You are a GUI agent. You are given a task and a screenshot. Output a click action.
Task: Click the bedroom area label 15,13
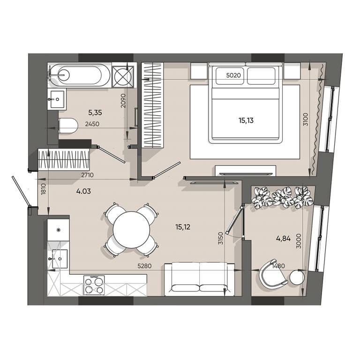[x=246, y=120]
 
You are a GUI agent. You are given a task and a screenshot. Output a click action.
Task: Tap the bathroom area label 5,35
[x=95, y=112]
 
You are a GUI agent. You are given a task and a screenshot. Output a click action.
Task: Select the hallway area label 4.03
[x=83, y=191]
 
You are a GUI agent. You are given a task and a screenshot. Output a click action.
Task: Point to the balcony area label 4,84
[x=283, y=239]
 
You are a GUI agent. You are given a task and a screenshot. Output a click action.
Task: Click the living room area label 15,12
[x=183, y=227]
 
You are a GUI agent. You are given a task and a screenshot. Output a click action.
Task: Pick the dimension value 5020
[x=233, y=75]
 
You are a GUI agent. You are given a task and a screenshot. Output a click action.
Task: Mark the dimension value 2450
[x=92, y=124]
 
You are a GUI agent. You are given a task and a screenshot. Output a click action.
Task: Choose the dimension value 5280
[x=144, y=266]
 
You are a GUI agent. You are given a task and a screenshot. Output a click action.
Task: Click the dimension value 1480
[x=278, y=266]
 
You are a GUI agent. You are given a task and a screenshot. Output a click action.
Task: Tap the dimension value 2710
[x=88, y=175]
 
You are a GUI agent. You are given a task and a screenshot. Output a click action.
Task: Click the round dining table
[x=132, y=229]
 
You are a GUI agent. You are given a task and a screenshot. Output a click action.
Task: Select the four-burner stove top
[x=94, y=285]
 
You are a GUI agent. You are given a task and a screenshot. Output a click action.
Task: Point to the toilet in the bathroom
[x=68, y=126]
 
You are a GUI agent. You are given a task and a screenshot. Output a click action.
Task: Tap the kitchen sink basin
[x=60, y=259]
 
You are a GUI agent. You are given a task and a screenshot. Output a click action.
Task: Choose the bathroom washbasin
[x=57, y=99]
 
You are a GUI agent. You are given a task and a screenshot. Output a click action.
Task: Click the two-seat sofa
[x=199, y=279]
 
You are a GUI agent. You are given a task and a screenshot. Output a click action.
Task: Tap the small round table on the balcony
[x=297, y=277]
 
